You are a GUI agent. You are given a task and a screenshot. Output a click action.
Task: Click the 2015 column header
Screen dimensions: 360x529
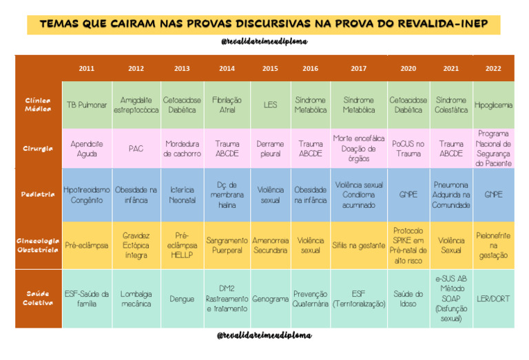click(270, 69)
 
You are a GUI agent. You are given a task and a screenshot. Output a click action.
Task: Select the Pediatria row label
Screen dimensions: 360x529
click(38, 195)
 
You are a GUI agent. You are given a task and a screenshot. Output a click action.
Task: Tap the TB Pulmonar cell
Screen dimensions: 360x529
click(87, 105)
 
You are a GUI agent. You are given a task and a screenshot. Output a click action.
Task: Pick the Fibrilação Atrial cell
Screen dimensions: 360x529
click(227, 105)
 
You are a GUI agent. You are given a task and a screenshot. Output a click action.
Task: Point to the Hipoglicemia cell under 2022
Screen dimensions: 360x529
click(493, 105)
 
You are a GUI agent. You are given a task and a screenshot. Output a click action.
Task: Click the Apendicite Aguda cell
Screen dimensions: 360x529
click(87, 149)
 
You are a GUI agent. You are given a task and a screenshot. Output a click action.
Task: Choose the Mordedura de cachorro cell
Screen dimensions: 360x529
click(182, 149)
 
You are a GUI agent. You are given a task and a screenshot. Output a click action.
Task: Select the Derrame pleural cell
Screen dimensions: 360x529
click(270, 149)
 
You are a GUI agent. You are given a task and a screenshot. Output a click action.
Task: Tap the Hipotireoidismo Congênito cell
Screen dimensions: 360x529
click(87, 195)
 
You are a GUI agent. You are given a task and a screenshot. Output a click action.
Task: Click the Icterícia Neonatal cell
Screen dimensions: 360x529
click(182, 195)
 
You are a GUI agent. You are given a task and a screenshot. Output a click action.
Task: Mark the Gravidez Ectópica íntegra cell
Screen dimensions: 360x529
click(136, 245)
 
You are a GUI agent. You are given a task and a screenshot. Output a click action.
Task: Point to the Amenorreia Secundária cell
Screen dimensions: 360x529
click(270, 245)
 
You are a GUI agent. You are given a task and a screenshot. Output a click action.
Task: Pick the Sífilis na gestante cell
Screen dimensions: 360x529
click(358, 245)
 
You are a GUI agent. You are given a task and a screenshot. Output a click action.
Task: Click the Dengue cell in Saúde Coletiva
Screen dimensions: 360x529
click(182, 299)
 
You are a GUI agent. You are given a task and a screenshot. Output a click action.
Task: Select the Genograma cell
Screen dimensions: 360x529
click(270, 299)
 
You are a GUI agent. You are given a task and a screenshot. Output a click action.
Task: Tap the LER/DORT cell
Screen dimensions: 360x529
click(493, 299)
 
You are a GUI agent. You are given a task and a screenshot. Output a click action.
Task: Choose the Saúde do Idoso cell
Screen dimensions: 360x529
click(408, 299)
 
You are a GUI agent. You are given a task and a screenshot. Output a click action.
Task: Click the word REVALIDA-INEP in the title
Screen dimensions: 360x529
click(442, 23)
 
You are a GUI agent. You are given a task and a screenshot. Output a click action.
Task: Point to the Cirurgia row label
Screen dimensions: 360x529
click(38, 149)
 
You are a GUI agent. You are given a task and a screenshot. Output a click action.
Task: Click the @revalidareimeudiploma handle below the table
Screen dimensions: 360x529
click(264, 336)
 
